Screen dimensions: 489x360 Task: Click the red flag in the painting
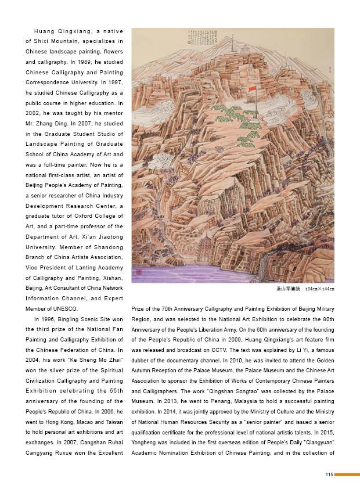click(251, 90)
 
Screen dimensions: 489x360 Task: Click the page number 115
click(329, 474)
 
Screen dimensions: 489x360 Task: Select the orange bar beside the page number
click(347, 474)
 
